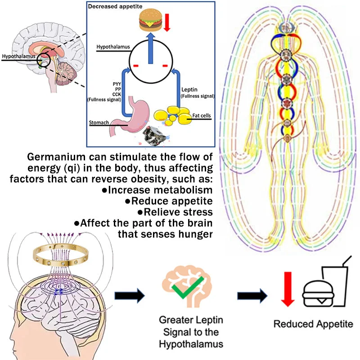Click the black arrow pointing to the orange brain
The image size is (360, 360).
129,296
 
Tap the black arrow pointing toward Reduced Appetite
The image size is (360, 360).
252,296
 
